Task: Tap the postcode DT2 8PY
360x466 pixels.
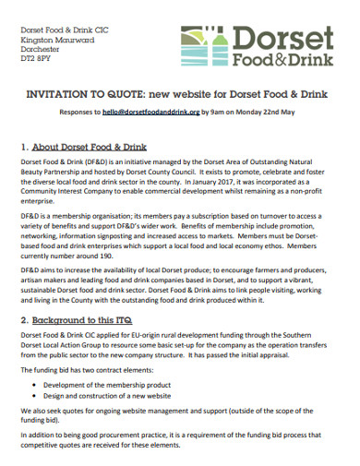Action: pyautogui.click(x=37, y=59)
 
